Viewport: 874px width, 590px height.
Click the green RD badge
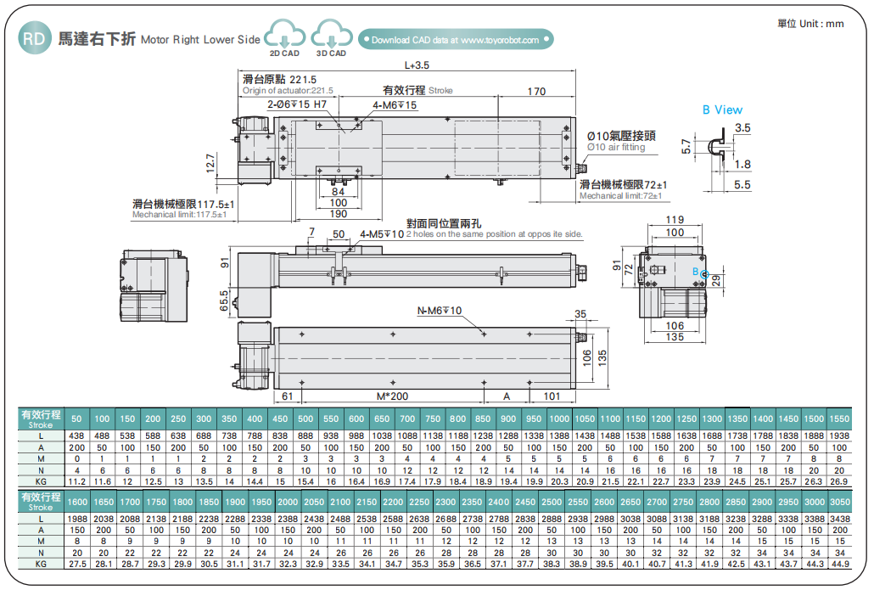(x=34, y=38)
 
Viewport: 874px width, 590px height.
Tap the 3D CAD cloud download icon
(x=331, y=37)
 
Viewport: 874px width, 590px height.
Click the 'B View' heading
(x=722, y=110)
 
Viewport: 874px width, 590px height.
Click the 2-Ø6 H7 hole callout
(x=297, y=104)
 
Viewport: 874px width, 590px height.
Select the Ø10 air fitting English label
(x=615, y=147)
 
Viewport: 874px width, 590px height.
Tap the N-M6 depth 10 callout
(x=440, y=310)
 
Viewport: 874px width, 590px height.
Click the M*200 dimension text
(x=391, y=396)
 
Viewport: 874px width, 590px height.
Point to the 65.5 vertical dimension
(x=223, y=301)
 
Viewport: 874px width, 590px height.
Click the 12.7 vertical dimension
(x=210, y=163)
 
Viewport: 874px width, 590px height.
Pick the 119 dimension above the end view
(x=675, y=219)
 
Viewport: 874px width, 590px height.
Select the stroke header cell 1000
(x=559, y=419)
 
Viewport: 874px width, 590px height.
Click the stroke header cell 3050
(x=838, y=502)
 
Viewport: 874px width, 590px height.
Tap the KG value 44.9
(x=838, y=563)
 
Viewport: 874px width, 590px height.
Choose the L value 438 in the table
(x=76, y=435)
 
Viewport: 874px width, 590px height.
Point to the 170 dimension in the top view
(x=536, y=92)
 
